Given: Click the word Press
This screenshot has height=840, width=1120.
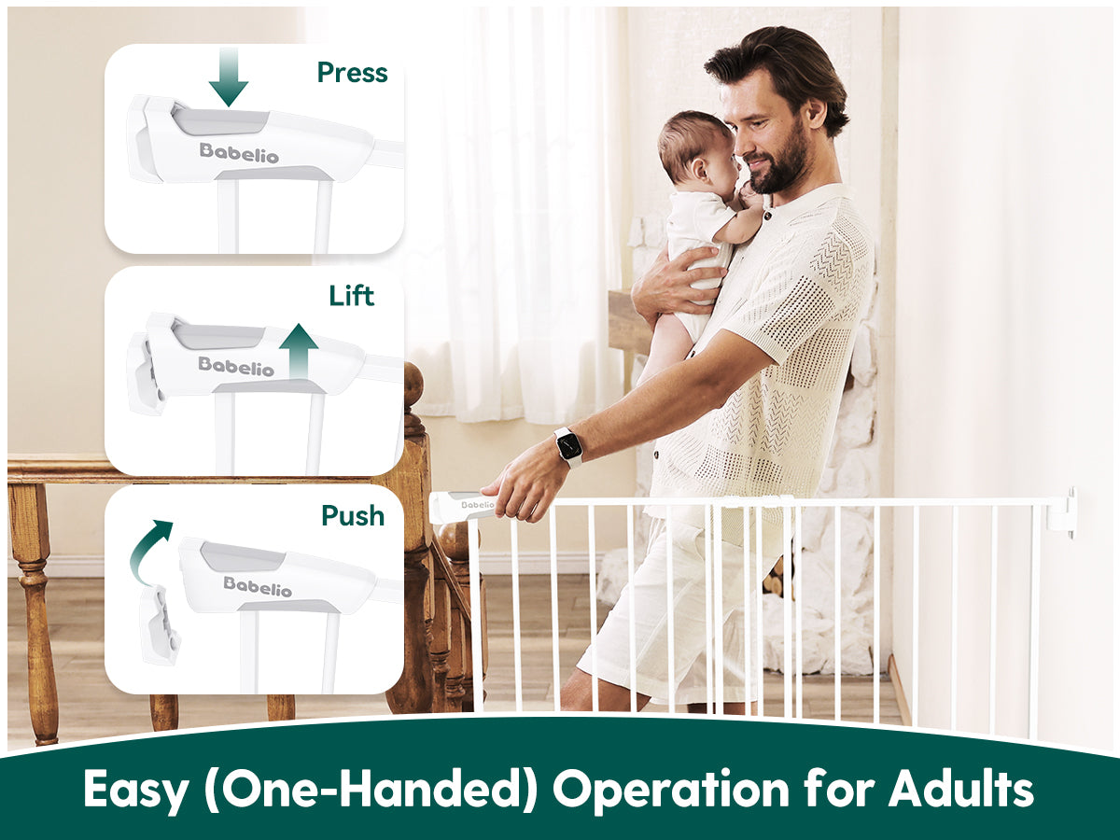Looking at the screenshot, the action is pyautogui.click(x=352, y=73).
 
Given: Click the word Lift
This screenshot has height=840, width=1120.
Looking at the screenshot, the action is pyautogui.click(x=352, y=296).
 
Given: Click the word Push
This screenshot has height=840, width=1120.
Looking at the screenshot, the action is pyautogui.click(x=353, y=515).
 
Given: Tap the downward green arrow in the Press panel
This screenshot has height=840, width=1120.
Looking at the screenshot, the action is pyautogui.click(x=229, y=77).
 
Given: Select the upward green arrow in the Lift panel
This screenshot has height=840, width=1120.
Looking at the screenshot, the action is pyautogui.click(x=299, y=352).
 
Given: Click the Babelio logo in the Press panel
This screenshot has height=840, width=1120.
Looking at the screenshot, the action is pyautogui.click(x=239, y=153).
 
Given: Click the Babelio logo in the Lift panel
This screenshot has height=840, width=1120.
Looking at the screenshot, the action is pyautogui.click(x=236, y=366).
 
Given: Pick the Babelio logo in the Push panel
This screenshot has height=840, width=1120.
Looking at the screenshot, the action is pyautogui.click(x=258, y=586).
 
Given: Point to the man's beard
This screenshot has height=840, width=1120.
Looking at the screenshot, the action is pyautogui.click(x=778, y=163).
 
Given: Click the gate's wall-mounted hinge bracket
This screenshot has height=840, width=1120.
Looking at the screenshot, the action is pyautogui.click(x=1062, y=512).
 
